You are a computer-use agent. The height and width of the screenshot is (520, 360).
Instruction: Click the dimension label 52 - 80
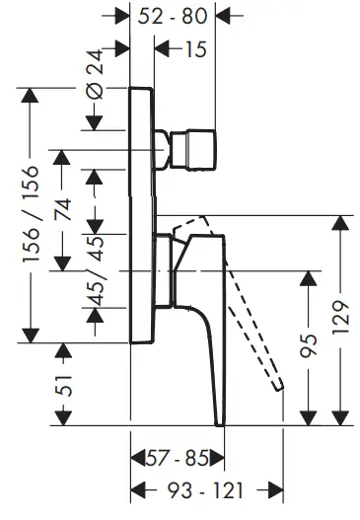coord(174,16)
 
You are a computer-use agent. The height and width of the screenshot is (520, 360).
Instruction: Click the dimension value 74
coord(64,209)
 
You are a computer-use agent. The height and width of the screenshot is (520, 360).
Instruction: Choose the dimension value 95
coord(309,345)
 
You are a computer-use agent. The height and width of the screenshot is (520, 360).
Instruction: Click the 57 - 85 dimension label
coord(177,459)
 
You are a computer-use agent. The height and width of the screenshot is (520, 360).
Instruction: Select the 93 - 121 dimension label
coord(208,490)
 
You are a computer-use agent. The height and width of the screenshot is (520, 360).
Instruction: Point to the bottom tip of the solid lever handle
coord(219,420)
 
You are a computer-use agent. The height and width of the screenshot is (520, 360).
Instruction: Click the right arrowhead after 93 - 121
coord(277,490)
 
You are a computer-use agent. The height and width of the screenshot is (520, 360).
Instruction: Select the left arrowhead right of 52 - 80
coord(223,16)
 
